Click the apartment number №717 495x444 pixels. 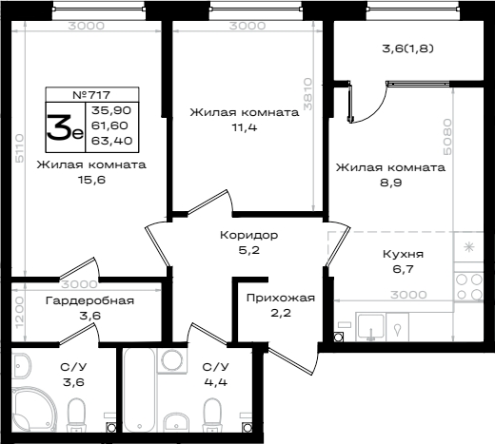pyautogui.click(x=91, y=95)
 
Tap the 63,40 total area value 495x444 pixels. pyautogui.click(x=111, y=141)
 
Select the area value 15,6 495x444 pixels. pyautogui.click(x=91, y=180)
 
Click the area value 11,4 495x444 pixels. pyautogui.click(x=245, y=127)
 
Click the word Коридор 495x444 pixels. pyautogui.click(x=249, y=235)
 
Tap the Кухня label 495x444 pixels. pyautogui.click(x=403, y=254)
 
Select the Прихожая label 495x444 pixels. pyautogui.click(x=281, y=298)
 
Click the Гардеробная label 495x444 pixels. pyautogui.click(x=89, y=300)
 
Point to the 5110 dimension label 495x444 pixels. pyautogui.click(x=20, y=148)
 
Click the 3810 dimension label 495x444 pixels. pyautogui.click(x=307, y=94)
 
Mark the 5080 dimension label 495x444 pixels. pyautogui.click(x=446, y=137)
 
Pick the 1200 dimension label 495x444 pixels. pyautogui.click(x=19, y=313)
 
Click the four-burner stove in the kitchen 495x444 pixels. pyautogui.click(x=469, y=287)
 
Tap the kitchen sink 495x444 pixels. pyautogui.click(x=370, y=327)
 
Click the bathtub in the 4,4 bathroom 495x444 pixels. pyautogui.click(x=139, y=390)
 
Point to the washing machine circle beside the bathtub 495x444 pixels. pyautogui.click(x=171, y=360)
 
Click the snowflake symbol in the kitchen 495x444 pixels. pyautogui.click(x=469, y=247)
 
